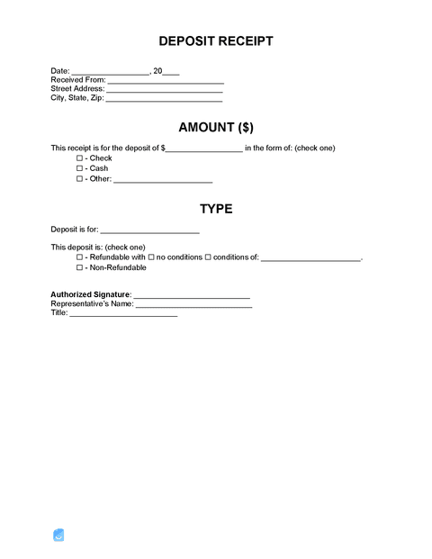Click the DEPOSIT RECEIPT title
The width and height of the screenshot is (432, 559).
pyautogui.click(x=216, y=41)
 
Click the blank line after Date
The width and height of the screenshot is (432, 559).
pyautogui.click(x=110, y=73)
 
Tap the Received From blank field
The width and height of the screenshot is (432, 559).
pyautogui.click(x=166, y=82)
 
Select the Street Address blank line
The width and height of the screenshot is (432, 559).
pyautogui.click(x=165, y=91)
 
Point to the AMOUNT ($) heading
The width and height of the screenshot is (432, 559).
pyautogui.click(x=216, y=127)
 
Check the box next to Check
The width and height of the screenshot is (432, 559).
pyautogui.click(x=80, y=158)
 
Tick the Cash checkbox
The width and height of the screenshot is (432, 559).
pyautogui.click(x=80, y=168)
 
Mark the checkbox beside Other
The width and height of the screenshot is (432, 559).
pyautogui.click(x=80, y=179)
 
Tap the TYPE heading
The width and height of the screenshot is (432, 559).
pyautogui.click(x=216, y=209)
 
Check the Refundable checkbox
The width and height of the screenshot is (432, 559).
pyautogui.click(x=80, y=257)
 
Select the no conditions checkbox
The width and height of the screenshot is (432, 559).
pyautogui.click(x=151, y=257)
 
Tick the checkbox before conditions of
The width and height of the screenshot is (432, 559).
pyautogui.click(x=208, y=257)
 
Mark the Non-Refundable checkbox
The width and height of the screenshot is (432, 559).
pyautogui.click(x=80, y=267)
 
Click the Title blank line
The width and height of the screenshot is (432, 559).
pyautogui.click(x=123, y=315)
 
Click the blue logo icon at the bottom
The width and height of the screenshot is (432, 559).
pyautogui.click(x=59, y=535)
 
